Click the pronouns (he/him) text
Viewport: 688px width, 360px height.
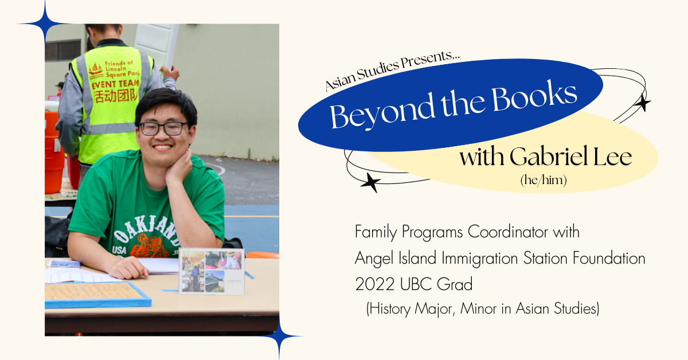click(x=544, y=180)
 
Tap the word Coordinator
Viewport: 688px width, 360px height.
click(x=508, y=232)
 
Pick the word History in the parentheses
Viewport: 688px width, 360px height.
click(x=389, y=309)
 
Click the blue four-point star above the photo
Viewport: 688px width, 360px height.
click(x=45, y=24)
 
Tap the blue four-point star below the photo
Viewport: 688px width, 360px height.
click(x=279, y=336)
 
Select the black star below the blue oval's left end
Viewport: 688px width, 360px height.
click(x=371, y=182)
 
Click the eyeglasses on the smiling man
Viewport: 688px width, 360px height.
click(x=163, y=128)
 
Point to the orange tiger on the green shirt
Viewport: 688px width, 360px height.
click(x=150, y=246)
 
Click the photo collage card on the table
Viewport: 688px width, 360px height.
click(x=212, y=272)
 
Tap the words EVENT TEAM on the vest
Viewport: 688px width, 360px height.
click(x=115, y=84)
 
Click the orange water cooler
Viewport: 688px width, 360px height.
click(x=54, y=152)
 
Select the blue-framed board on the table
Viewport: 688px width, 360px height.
click(x=97, y=295)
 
